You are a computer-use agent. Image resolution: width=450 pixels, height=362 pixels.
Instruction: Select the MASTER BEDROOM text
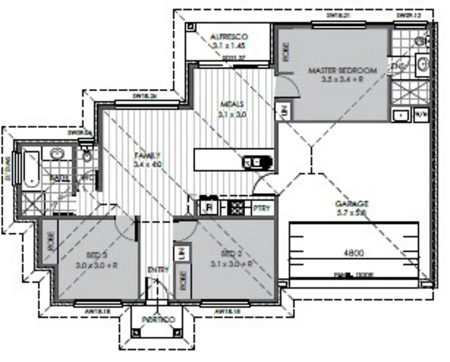point(342,71)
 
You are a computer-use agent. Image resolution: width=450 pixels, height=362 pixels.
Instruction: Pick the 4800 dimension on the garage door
point(354,253)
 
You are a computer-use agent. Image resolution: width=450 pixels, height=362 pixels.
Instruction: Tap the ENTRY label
point(158,269)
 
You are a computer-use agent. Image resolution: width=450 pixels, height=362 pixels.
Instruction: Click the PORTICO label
point(158,319)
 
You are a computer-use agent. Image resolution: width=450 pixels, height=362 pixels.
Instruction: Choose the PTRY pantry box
point(263,208)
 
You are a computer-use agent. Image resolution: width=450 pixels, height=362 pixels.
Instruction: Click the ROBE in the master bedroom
point(286,52)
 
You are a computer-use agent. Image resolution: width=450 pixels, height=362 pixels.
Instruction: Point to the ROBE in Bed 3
point(51,241)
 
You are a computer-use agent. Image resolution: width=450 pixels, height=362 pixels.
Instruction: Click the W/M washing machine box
point(421,114)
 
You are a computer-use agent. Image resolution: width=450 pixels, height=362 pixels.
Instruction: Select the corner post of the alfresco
point(191,28)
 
